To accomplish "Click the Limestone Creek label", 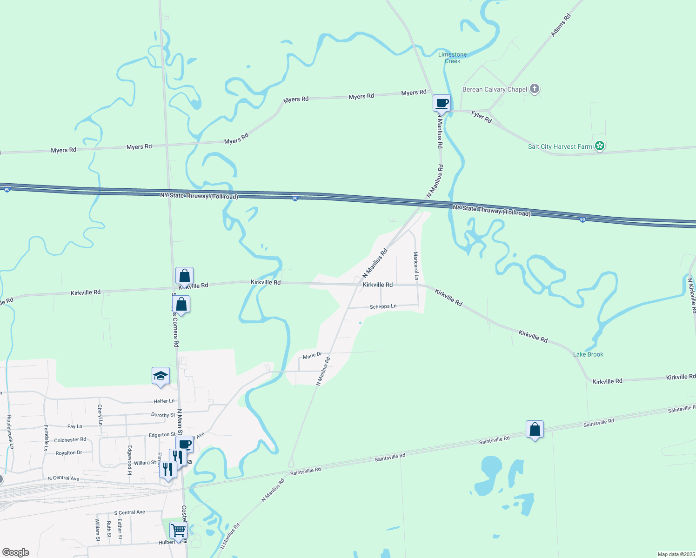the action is pyautogui.click(x=452, y=58).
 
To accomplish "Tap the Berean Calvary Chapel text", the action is pyautogui.click(x=495, y=89).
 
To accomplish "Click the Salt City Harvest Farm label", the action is pyautogui.click(x=560, y=146).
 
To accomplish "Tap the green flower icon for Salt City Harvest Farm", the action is pyautogui.click(x=600, y=146).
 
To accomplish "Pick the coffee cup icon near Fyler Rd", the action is pyautogui.click(x=442, y=103).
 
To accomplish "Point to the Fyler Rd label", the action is pyautogui.click(x=481, y=117).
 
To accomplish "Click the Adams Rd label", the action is pyautogui.click(x=561, y=25).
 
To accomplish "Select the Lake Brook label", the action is pyautogui.click(x=588, y=354).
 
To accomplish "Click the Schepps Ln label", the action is pyautogui.click(x=383, y=306).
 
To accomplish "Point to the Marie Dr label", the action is pyautogui.click(x=312, y=356).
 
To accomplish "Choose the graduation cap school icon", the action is pyautogui.click(x=161, y=376).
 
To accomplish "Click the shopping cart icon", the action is pyautogui.click(x=178, y=530).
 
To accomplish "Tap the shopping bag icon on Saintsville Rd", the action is pyautogui.click(x=535, y=429).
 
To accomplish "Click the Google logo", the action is pyautogui.click(x=16, y=552).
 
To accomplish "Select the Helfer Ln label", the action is pyautogui.click(x=164, y=401).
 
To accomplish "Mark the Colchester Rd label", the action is pyautogui.click(x=70, y=439).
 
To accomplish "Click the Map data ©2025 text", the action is pyautogui.click(x=675, y=554).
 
